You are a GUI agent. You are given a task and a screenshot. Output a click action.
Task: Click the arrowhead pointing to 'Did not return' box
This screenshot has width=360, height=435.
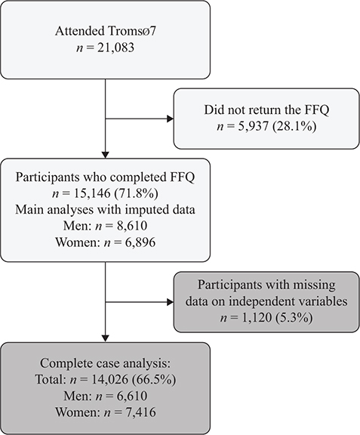(x=171, y=119)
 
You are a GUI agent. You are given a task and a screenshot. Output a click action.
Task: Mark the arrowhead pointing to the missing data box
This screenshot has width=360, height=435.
(x=171, y=302)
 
